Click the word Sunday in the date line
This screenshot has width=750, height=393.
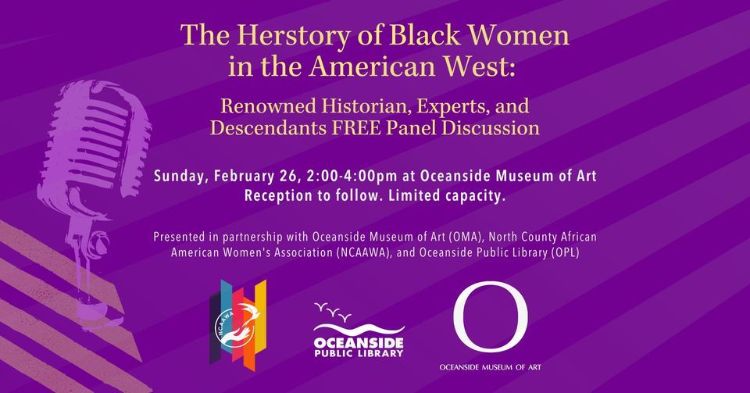click(180, 176)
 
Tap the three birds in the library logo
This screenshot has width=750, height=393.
click(331, 310)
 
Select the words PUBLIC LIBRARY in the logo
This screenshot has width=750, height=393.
click(358, 352)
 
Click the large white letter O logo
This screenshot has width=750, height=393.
click(490, 320)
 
